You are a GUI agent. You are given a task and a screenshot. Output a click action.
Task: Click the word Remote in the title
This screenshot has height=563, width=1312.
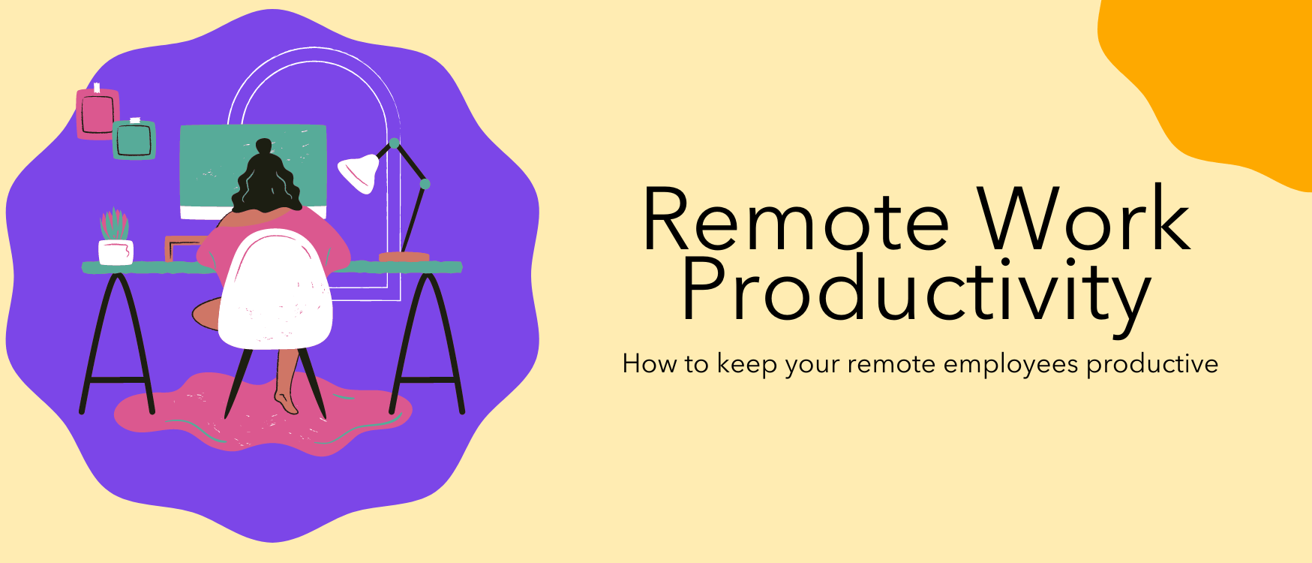click(x=796, y=219)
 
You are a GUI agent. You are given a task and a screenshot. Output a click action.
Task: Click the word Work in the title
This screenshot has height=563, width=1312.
click(x=1084, y=218)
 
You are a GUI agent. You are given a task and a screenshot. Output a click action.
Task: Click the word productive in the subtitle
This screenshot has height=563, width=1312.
click(x=1152, y=365)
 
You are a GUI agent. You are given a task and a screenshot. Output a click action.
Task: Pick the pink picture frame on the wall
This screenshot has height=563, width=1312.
click(x=98, y=113)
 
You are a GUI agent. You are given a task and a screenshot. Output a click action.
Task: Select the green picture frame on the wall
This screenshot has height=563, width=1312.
click(x=134, y=140)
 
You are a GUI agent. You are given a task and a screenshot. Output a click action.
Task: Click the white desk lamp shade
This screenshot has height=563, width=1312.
click(x=359, y=172)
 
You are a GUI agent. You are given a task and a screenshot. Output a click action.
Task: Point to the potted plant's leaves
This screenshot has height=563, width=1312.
click(x=114, y=224)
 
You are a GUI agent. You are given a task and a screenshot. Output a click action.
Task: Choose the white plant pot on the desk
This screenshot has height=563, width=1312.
click(x=116, y=252)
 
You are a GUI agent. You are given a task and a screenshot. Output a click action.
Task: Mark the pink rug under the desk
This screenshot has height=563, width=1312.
click(x=263, y=414)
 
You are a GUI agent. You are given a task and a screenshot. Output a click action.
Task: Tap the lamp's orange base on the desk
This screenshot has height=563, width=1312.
click(x=404, y=257)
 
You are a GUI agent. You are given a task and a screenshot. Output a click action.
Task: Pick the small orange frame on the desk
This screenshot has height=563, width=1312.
click(x=184, y=248)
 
